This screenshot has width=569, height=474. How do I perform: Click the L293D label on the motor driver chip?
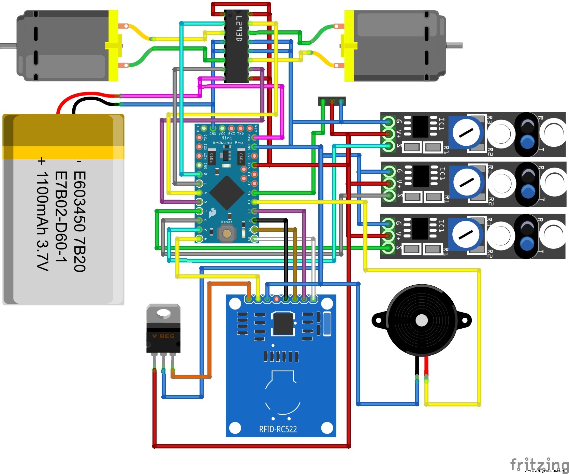pos(239,29)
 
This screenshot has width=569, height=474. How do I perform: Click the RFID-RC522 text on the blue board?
pos(278,429)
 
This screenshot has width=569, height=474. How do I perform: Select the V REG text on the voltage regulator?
pos(163,336)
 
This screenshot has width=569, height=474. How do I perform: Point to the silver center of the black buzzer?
pos(422,320)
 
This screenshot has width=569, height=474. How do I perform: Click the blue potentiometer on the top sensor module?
pos(466,132)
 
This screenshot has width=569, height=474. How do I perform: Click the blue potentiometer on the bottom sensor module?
pos(466,234)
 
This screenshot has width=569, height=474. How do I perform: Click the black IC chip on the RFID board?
pos(283,324)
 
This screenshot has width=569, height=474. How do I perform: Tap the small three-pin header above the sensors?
pos(332,101)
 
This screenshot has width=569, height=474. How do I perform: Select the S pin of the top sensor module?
pos(388,146)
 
